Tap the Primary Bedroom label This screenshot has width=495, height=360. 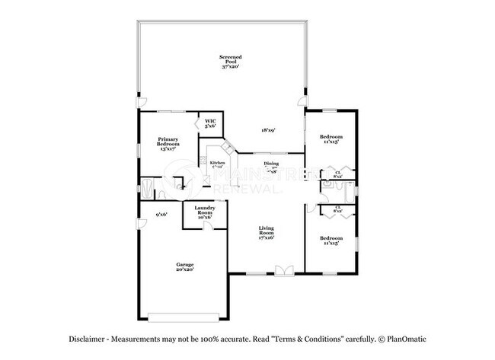[168, 145]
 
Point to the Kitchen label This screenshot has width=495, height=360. [218, 165]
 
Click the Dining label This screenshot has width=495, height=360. [271, 167]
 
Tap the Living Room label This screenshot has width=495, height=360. [266, 233]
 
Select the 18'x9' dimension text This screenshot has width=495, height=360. [268, 130]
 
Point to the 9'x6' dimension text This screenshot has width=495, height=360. [161, 215]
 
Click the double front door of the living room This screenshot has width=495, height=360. [283, 269]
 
